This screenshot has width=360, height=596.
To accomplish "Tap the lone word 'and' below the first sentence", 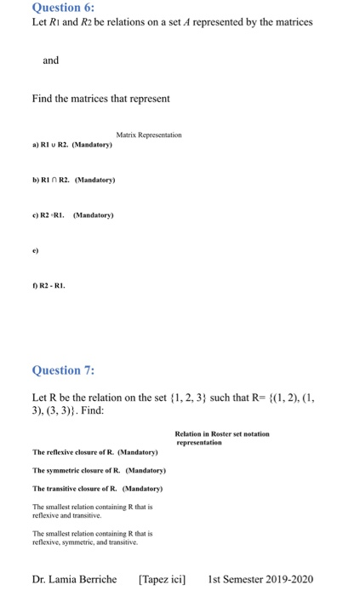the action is click(51, 60).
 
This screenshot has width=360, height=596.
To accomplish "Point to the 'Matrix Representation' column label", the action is click(149, 135).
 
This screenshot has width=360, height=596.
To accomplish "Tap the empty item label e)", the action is click(35, 250).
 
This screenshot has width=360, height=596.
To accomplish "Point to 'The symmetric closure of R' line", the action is click(98, 470).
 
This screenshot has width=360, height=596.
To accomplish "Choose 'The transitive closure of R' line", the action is click(97, 489).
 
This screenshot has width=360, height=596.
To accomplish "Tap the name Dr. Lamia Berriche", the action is click(75, 579).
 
